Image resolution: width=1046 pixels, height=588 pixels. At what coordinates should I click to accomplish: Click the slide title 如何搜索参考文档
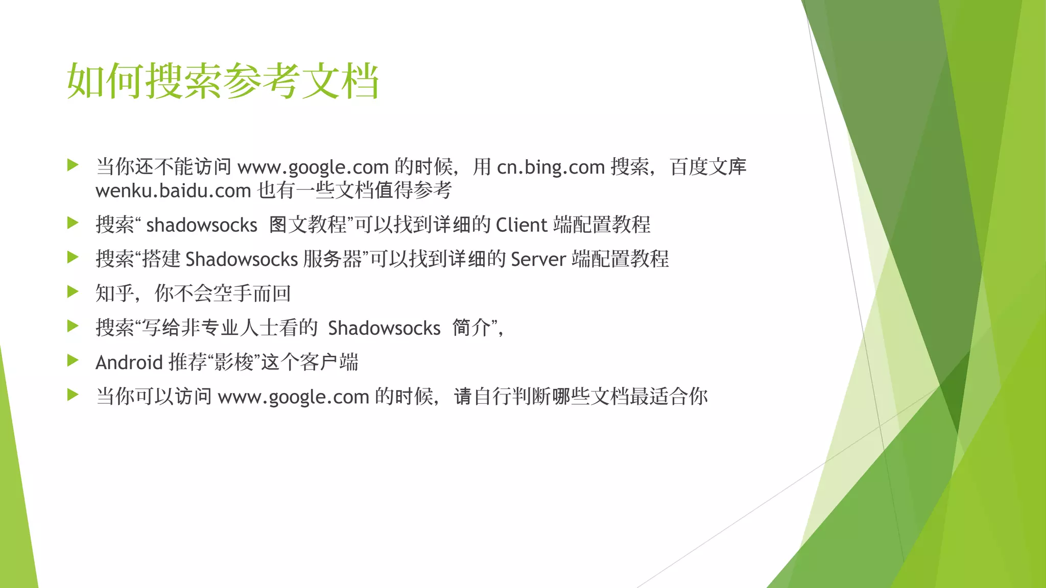click(223, 81)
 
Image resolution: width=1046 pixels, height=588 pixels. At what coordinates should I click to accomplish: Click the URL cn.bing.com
click(551, 167)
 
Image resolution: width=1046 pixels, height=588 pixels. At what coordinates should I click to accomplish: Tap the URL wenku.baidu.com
click(173, 191)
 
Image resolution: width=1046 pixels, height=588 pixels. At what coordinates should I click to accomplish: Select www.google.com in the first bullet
click(313, 167)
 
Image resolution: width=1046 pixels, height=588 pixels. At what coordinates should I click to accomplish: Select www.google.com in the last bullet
click(293, 397)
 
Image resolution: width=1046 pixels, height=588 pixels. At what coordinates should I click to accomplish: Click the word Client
click(521, 225)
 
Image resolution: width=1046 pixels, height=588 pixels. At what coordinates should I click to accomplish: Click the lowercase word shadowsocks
click(201, 225)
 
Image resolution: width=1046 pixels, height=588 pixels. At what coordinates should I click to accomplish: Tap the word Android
click(129, 362)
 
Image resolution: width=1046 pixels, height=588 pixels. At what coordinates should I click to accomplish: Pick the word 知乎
click(114, 293)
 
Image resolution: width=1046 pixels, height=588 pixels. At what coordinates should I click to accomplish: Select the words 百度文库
click(708, 167)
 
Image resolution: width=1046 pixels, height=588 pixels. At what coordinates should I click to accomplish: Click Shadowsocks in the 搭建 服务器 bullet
click(241, 259)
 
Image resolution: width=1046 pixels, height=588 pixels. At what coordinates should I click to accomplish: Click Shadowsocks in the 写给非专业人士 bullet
click(384, 328)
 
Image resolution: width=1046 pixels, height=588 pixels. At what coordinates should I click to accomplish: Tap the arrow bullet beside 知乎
click(73, 292)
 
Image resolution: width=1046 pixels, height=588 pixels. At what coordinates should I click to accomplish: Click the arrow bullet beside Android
click(73, 361)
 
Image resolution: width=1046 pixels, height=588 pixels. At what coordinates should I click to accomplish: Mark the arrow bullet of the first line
click(73, 165)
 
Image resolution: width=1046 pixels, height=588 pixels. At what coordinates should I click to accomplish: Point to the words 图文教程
click(307, 225)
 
